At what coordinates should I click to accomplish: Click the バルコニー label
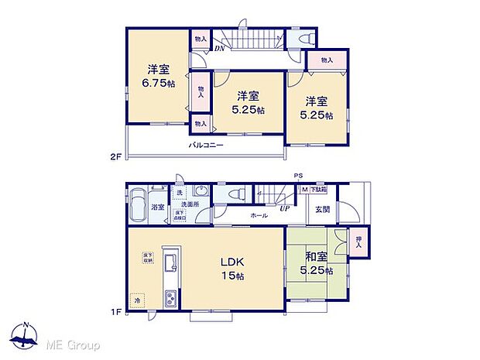206,145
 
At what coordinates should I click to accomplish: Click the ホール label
259,216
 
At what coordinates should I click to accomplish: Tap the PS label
299,176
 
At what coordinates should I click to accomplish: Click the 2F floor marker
115,157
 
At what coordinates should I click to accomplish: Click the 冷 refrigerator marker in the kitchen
137,300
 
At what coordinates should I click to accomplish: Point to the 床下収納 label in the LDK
146,257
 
